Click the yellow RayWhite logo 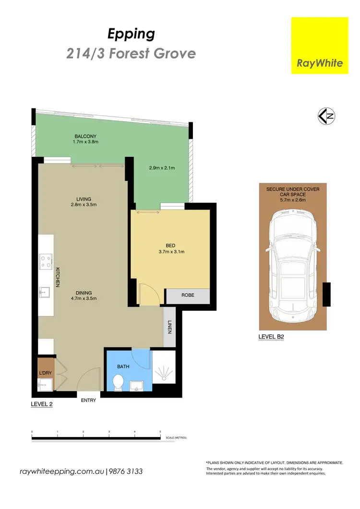point(320,46)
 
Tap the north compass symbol point(326,116)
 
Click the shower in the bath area point(163,372)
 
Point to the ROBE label point(188,295)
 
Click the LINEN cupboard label point(169,327)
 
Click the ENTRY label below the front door point(89,400)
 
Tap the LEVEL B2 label point(271,337)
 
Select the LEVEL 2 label point(42,404)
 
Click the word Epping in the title point(131,34)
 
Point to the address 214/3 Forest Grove point(131,53)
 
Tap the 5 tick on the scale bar point(160,432)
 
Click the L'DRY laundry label point(45,373)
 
